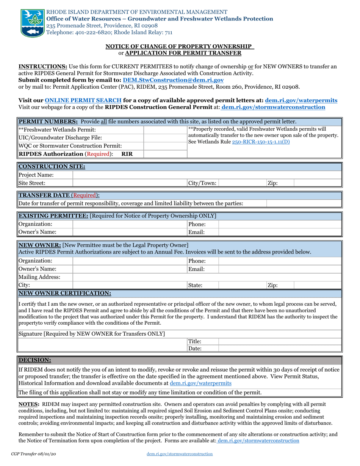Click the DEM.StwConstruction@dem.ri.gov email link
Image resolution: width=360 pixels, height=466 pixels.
click(173, 80)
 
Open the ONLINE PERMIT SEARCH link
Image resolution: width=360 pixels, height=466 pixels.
click(83, 100)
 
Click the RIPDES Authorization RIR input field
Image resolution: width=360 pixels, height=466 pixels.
click(166, 154)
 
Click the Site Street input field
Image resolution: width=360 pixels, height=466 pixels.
click(129, 183)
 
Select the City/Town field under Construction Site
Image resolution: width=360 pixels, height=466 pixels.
click(242, 183)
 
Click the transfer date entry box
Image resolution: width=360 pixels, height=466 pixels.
click(304, 203)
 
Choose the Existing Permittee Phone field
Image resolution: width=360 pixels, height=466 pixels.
click(280, 224)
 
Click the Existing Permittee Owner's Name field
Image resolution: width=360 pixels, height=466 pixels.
click(129, 232)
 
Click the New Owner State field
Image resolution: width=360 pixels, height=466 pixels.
click(242, 285)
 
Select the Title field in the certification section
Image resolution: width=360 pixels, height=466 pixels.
click(280, 341)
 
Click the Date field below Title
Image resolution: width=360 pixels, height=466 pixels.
click(280, 349)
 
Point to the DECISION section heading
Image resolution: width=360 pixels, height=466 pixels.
click(35, 360)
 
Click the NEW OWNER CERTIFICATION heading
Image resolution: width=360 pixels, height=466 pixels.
click(65, 293)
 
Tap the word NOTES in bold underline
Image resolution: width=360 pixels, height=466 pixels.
click(29, 404)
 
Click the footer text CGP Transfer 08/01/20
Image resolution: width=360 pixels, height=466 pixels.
click(34, 453)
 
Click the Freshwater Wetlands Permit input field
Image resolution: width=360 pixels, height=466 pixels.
click(166, 130)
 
